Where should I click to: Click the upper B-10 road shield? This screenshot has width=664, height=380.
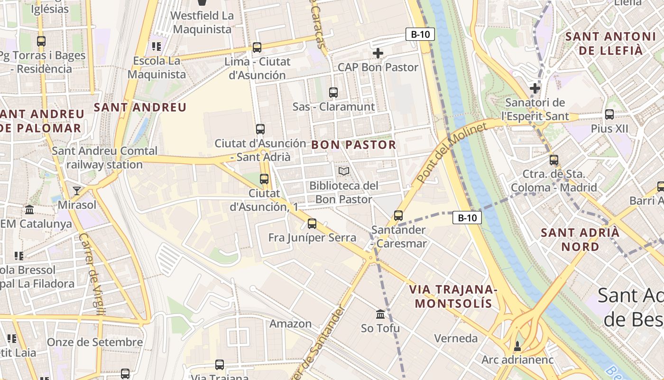(420, 34)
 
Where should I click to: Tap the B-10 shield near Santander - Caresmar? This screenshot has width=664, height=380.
(467, 218)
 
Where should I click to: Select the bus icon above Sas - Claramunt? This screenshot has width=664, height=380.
(333, 93)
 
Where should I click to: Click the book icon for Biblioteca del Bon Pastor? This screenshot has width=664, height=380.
(344, 171)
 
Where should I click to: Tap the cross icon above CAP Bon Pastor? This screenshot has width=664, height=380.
(378, 53)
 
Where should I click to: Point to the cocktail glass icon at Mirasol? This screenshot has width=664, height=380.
(76, 191)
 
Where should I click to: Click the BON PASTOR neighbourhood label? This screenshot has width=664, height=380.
(353, 145)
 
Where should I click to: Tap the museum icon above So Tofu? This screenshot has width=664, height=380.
(380, 314)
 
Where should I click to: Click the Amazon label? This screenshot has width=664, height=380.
(290, 324)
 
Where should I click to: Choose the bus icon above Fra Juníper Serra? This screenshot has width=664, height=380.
(312, 224)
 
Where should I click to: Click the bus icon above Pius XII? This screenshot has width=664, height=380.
(609, 114)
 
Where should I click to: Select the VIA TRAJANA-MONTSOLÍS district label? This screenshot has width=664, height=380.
(453, 296)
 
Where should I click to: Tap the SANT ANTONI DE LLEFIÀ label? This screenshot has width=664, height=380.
(604, 43)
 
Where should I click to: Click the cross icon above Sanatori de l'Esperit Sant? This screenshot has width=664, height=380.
(535, 88)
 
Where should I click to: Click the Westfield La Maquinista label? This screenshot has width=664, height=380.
(202, 22)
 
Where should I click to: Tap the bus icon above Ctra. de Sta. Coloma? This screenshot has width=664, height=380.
(553, 160)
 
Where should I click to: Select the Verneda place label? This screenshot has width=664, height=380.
(456, 338)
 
